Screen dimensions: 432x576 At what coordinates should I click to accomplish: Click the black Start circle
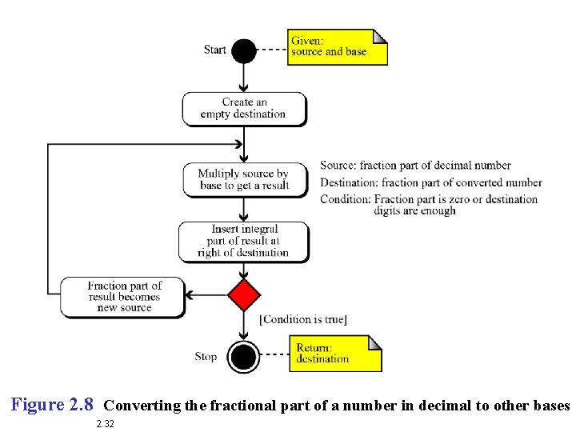244,51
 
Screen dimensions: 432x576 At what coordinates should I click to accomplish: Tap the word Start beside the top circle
215,50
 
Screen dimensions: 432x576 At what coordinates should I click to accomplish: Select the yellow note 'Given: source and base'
337,47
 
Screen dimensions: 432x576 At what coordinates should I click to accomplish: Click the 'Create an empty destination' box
244,109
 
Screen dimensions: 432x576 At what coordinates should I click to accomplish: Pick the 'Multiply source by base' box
244,180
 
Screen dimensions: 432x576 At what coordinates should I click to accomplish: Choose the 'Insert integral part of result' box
244,241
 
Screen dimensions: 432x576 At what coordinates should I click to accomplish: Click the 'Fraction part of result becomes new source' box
123,297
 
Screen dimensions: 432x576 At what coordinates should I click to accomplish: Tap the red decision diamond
244,295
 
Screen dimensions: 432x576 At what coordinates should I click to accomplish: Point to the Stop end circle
244,356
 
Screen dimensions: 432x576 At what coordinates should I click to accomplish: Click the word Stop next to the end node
206,356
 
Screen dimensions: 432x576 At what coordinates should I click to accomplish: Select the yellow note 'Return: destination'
335,354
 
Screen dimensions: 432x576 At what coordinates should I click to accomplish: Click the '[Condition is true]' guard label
303,320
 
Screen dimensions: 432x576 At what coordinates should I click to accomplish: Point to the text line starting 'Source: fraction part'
415,166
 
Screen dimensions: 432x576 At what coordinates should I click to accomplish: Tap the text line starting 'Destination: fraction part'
430,182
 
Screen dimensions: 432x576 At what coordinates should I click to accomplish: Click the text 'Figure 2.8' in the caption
53,405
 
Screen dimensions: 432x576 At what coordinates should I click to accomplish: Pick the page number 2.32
105,424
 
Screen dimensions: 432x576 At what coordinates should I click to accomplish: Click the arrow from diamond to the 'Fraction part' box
206,295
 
